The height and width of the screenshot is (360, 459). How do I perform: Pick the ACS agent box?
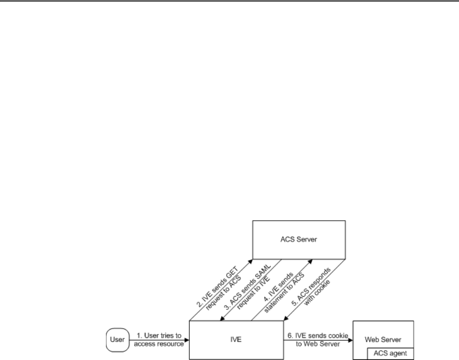391,353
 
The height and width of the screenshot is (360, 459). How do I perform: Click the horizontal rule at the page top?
229,1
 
